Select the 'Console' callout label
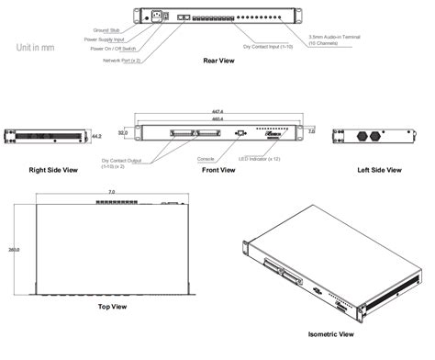click(207, 157)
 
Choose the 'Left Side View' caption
click(379, 170)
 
